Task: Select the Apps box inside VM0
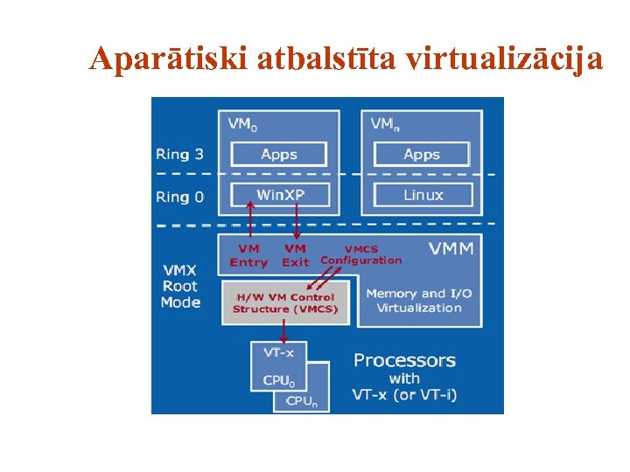point(278,155)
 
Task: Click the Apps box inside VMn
point(422,155)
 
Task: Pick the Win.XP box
point(280,194)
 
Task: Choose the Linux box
point(423,194)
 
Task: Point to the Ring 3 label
point(179,155)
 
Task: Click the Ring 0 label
point(179,197)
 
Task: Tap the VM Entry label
point(248,255)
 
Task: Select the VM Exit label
point(296,255)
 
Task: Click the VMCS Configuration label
point(360,254)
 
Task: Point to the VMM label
point(451,249)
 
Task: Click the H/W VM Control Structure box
point(285,302)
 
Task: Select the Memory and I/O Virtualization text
point(418,300)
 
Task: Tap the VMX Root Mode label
point(180,286)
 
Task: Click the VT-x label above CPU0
point(279,353)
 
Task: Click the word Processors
point(404,360)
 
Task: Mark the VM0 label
point(242,124)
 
